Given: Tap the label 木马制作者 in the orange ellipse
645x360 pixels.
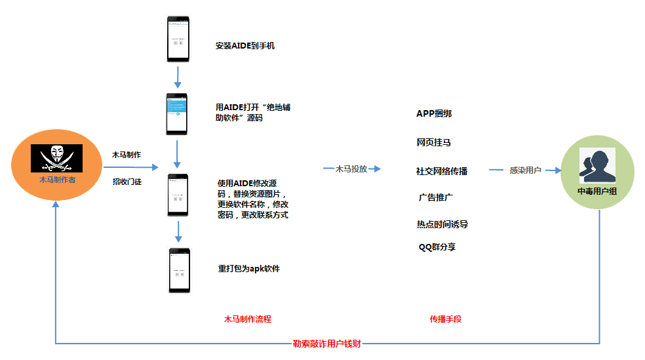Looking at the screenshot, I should (57, 179).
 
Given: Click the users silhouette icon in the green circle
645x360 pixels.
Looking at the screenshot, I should (597, 166).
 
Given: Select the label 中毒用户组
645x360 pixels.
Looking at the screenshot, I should (597, 191).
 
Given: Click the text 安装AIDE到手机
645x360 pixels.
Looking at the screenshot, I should (244, 46).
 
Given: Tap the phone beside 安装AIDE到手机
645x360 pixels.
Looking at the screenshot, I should (178, 39).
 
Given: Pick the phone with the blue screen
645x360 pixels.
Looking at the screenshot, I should (178, 114).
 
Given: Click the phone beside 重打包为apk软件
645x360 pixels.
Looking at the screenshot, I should (179, 270).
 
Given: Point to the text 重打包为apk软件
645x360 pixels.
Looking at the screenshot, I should (248, 268).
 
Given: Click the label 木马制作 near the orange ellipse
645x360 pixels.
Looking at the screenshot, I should (127, 155).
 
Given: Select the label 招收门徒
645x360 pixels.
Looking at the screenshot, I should (127, 182).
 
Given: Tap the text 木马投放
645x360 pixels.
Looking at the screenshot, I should (351, 169).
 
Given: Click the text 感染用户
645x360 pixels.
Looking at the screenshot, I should (525, 170).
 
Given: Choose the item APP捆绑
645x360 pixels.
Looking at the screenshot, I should (434, 113).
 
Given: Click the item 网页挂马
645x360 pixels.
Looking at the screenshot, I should (433, 142).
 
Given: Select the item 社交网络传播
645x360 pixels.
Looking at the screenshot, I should (442, 171).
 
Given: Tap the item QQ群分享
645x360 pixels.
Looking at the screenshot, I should (437, 247).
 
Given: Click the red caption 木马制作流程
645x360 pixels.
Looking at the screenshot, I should (248, 319).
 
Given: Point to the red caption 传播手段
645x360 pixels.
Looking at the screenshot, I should (446, 319).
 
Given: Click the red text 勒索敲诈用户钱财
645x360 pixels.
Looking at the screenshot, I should (326, 344).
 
